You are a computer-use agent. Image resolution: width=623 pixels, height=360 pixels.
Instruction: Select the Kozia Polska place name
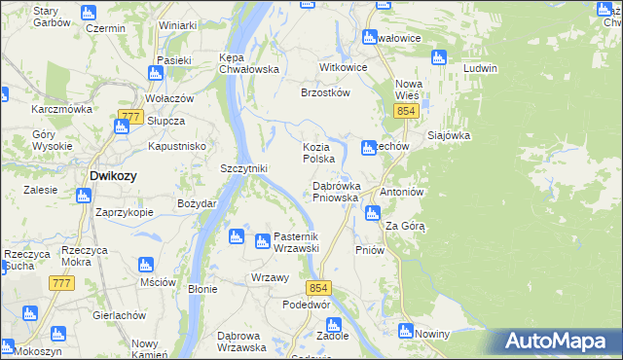[x=319, y=152]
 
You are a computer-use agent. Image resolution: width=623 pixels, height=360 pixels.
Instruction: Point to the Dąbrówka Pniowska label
[x=337, y=191]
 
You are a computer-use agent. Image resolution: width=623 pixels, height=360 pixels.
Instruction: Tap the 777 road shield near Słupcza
[x=128, y=117]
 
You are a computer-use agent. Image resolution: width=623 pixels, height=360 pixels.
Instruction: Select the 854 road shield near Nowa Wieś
[x=407, y=113]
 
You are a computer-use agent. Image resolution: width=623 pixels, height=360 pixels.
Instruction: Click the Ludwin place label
[x=481, y=69]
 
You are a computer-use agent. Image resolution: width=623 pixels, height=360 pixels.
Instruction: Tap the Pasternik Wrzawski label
[x=282, y=242]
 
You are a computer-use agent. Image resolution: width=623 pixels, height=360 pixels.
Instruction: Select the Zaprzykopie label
[x=124, y=212]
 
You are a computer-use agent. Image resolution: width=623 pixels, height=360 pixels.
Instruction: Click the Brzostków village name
[x=325, y=93]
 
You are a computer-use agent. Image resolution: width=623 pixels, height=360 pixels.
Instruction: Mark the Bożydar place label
[x=187, y=203]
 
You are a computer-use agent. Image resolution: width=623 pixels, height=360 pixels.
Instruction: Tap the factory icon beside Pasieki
[x=156, y=72]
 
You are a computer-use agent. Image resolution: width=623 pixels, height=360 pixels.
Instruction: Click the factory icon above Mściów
[x=145, y=265]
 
